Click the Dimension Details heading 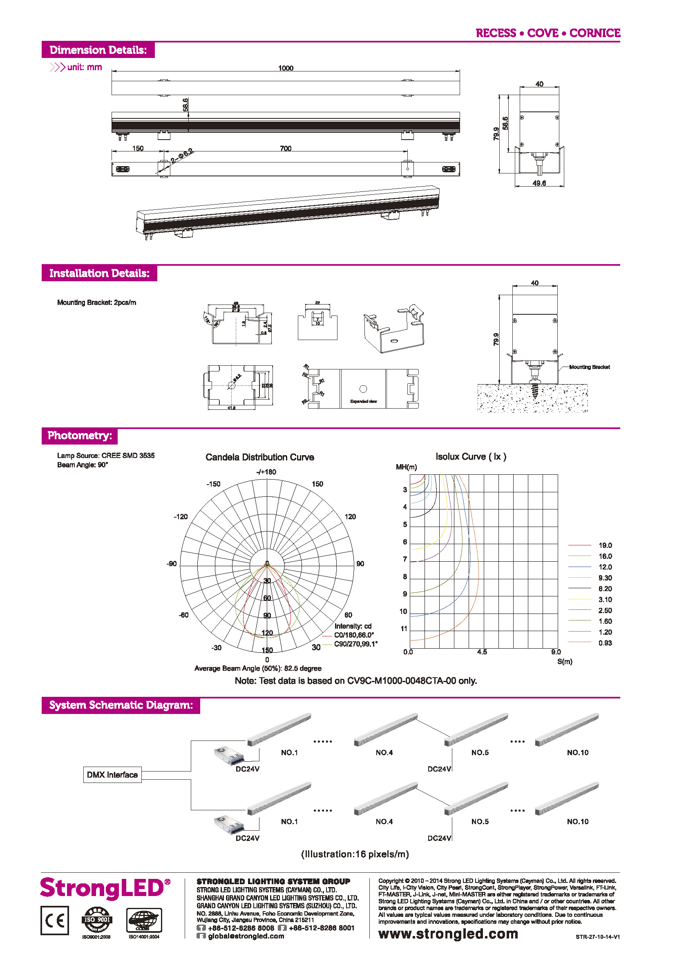click(98, 50)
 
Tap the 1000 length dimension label click(286, 68)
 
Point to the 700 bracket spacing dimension click(286, 148)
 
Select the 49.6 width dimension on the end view click(539, 183)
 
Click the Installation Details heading click(99, 273)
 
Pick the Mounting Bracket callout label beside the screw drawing click(589, 367)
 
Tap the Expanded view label click(363, 401)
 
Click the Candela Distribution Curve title click(259, 457)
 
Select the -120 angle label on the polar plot click(181, 516)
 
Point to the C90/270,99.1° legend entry click(355, 644)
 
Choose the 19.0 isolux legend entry click(605, 545)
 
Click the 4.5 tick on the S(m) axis click(482, 652)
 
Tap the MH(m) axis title click(406, 467)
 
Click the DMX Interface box click(112, 775)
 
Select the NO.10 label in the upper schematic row click(577, 752)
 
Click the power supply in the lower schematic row click(229, 824)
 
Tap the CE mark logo click(55, 920)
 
